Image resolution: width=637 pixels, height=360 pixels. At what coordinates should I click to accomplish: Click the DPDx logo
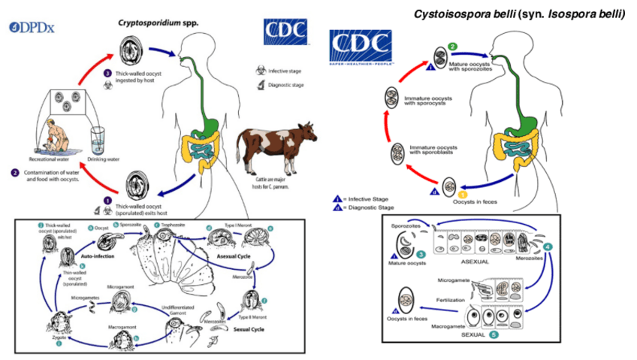coord(32,28)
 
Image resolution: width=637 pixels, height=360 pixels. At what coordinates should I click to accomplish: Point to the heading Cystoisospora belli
coord(517,13)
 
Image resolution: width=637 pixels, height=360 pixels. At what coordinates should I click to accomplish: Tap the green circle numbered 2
coord(453,47)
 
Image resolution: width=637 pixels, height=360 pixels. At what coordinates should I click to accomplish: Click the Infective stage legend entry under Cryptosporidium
coord(284,71)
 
